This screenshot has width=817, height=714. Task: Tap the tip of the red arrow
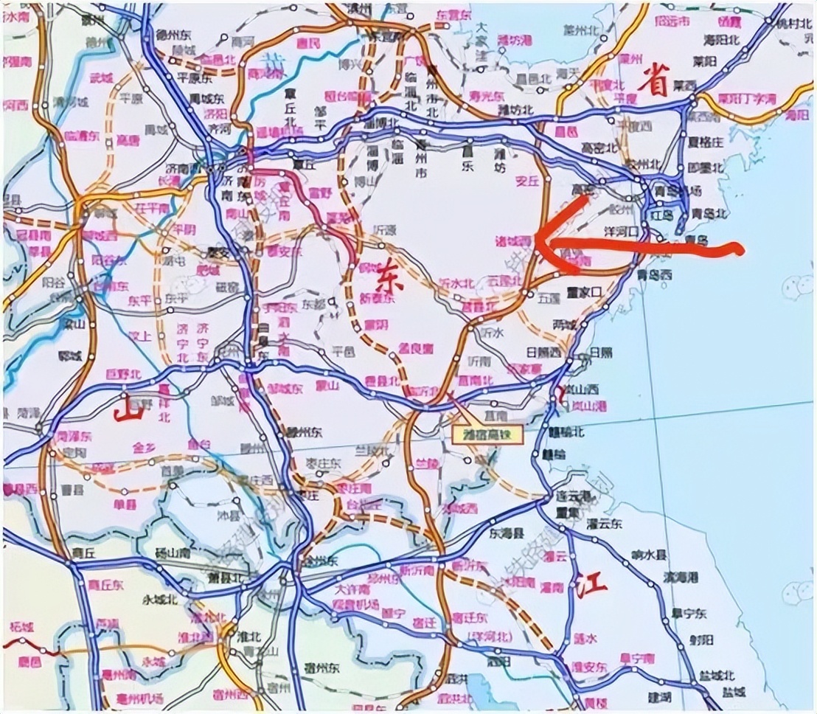pyautogui.click(x=536, y=238)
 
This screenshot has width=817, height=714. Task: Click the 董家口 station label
pyautogui.click(x=585, y=292)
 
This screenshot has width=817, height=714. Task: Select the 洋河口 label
pyautogui.click(x=620, y=231)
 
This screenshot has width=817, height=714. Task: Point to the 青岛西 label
pyautogui.click(x=658, y=274)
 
